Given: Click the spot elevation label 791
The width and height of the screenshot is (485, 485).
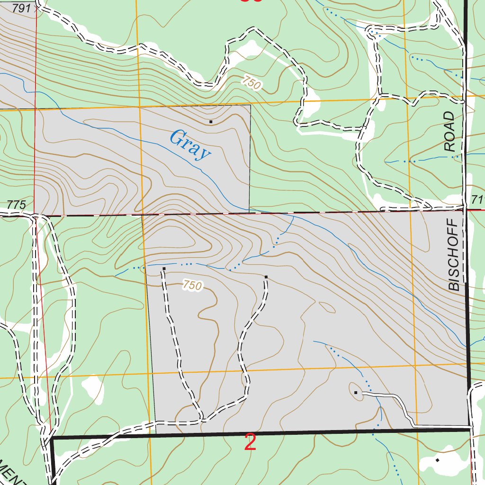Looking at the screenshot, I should (22, 8).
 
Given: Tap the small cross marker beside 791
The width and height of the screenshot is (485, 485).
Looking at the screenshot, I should (36, 8).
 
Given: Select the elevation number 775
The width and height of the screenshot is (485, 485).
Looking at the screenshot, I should (16, 205).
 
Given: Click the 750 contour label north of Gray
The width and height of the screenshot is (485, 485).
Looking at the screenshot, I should (251, 83).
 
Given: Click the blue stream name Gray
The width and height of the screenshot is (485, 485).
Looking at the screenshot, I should (189, 145).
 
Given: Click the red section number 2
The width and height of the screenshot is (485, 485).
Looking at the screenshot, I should (251, 443).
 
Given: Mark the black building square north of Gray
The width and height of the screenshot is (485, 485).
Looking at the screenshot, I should (211, 122).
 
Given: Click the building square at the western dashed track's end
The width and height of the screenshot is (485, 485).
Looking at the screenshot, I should (164, 269).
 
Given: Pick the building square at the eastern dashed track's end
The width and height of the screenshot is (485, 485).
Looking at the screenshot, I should (266, 277).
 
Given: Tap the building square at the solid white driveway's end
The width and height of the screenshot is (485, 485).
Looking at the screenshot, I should (356, 392).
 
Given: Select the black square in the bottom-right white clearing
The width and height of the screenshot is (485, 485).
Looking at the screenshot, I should (437, 459).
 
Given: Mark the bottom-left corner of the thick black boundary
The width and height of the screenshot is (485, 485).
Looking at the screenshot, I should (52, 439).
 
